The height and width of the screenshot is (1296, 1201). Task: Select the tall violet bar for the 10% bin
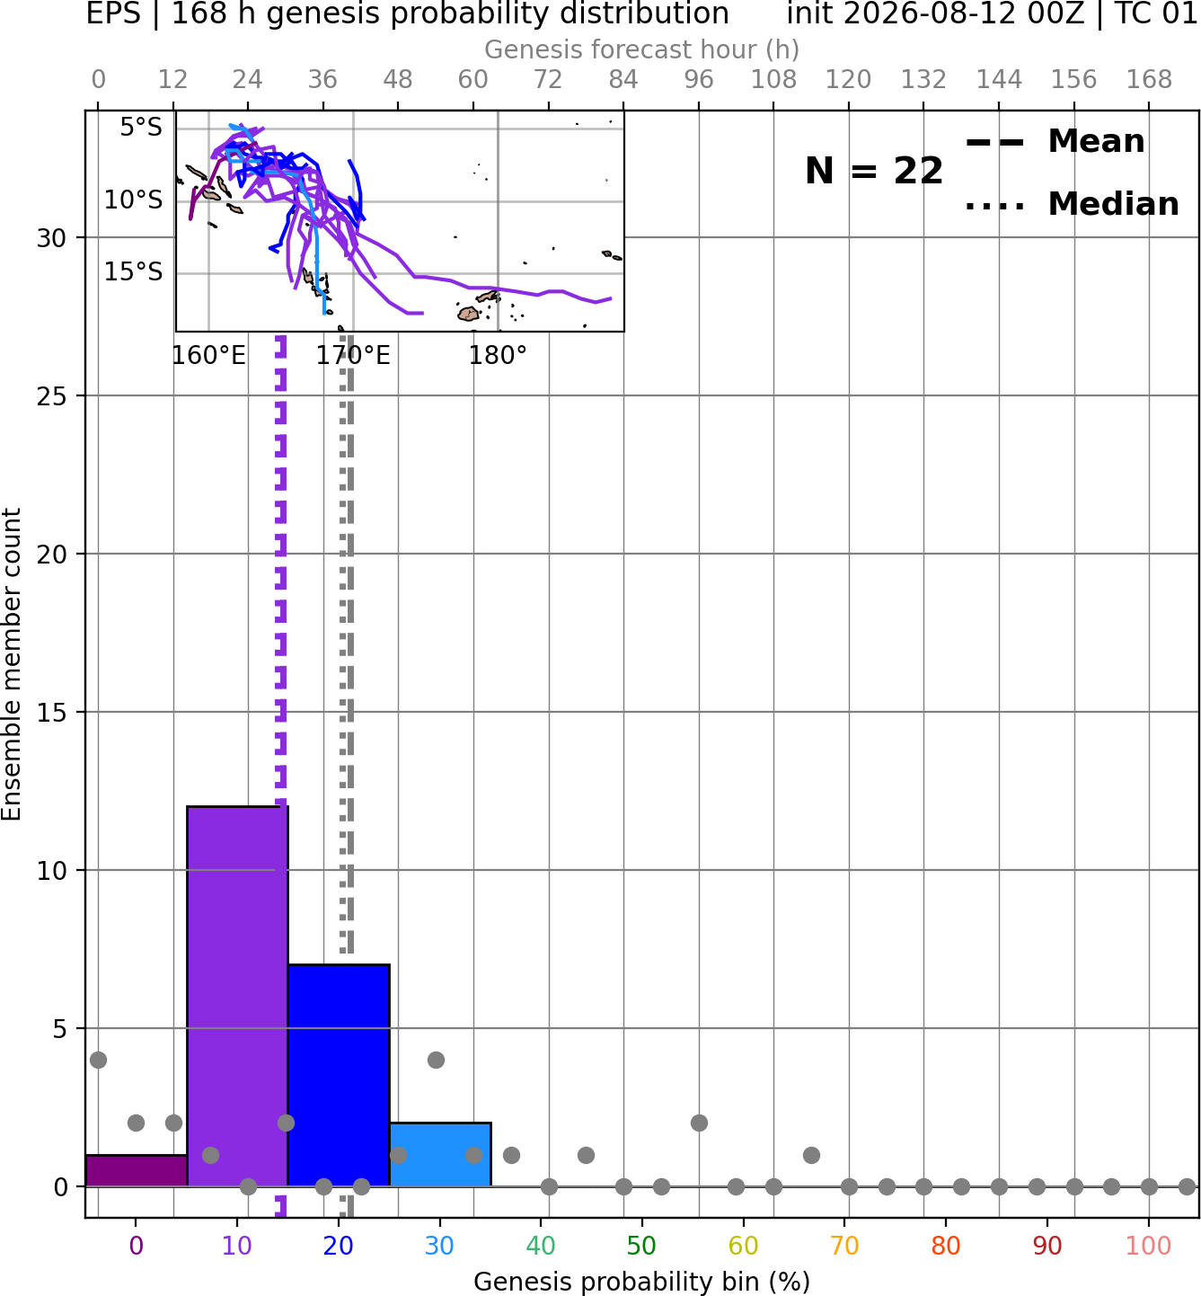(237, 996)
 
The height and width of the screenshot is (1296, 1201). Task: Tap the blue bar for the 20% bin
(339, 1075)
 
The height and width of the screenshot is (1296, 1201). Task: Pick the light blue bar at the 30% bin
(439, 1154)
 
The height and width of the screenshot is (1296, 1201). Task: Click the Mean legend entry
(1055, 142)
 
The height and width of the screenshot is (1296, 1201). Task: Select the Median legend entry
(1072, 204)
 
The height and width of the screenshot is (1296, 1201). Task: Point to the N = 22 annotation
(873, 171)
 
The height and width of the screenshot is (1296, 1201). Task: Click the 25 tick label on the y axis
(52, 396)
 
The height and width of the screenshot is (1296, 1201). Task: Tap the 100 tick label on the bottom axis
(1148, 1246)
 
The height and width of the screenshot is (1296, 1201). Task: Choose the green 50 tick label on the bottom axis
(641, 1246)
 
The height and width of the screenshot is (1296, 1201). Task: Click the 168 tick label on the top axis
(1149, 80)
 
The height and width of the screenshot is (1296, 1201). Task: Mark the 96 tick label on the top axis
(699, 80)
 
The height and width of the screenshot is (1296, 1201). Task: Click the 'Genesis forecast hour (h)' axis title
(642, 49)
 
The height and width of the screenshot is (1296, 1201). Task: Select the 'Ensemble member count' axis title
(11, 664)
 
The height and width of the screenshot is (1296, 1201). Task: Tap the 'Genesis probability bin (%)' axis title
(642, 1282)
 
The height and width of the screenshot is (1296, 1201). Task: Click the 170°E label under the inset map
(353, 356)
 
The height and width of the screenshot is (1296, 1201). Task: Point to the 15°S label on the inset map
(133, 271)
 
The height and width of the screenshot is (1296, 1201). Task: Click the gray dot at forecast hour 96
(699, 1123)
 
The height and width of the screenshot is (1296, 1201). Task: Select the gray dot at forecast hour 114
(811, 1154)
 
